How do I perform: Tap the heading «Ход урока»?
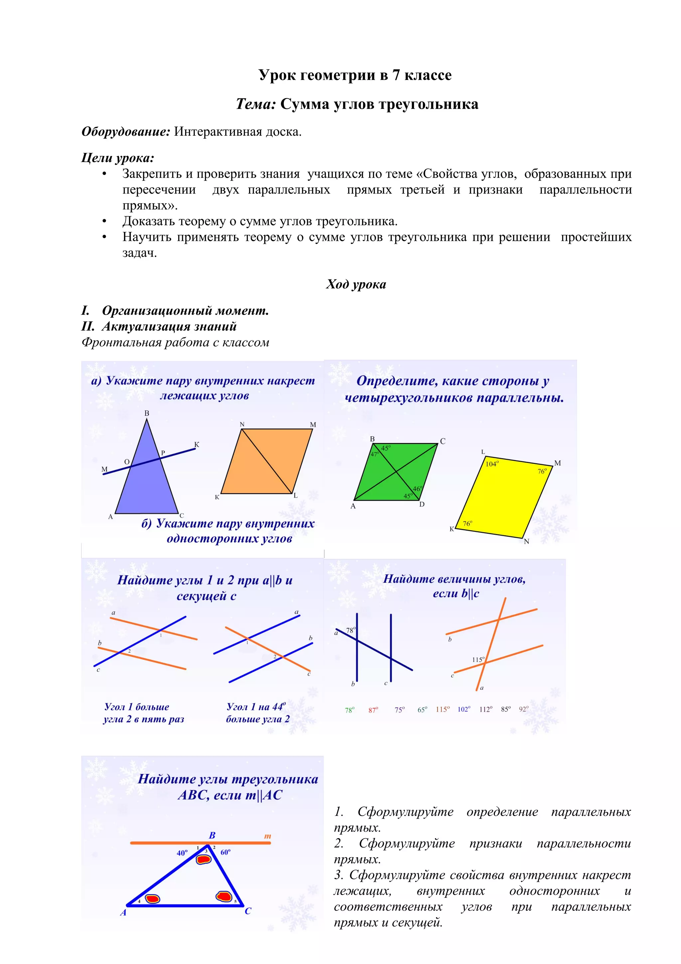click(x=356, y=284)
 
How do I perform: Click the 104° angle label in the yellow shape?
click(x=492, y=464)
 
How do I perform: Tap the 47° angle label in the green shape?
click(x=375, y=454)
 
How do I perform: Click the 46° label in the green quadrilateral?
click(x=417, y=489)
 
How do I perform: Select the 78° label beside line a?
click(x=350, y=630)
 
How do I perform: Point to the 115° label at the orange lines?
click(x=478, y=660)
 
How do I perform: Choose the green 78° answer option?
click(x=349, y=710)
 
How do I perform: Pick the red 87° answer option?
click(x=373, y=710)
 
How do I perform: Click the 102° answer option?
click(x=464, y=710)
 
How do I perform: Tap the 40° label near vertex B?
click(x=182, y=853)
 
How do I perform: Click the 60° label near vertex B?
click(x=225, y=852)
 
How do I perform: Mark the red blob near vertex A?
click(x=152, y=899)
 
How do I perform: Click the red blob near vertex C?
click(x=224, y=896)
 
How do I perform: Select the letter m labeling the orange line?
click(x=267, y=836)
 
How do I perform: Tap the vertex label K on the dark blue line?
click(x=197, y=444)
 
